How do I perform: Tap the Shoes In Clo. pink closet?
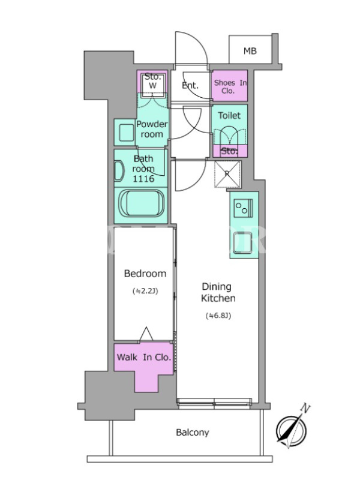tap(230, 86)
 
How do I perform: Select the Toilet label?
tap(229, 115)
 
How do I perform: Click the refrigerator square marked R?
tap(227, 174)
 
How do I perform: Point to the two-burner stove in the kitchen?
tap(243, 208)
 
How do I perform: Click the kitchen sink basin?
tap(243, 243)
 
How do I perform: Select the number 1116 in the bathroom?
tap(143, 178)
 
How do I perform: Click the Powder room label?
tap(152, 129)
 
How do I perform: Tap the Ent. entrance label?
tap(190, 85)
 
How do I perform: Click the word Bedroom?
tap(145, 274)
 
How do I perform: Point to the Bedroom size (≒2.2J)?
tap(145, 291)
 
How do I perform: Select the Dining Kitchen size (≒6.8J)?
tap(218, 316)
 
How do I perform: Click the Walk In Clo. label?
tap(144, 357)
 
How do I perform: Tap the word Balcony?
tap(193, 433)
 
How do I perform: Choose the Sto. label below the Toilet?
tap(229, 151)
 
